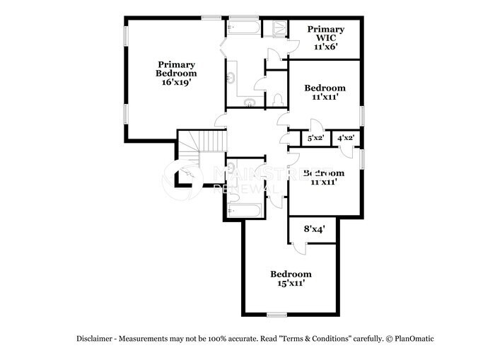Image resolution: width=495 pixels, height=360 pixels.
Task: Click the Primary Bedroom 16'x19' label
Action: coord(177,73)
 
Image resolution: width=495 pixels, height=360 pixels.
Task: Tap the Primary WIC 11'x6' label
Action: coord(325,38)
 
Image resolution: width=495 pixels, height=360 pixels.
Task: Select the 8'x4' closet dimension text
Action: coord(313,229)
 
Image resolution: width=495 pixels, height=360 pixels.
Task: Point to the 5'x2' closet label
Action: coord(315,138)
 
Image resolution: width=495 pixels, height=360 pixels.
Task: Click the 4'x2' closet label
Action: coord(346,138)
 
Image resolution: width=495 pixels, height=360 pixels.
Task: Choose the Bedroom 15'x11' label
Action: coord(291,279)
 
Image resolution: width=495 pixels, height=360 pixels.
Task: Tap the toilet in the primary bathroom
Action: coord(279,99)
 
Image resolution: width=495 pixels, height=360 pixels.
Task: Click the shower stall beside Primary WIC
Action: coord(275,28)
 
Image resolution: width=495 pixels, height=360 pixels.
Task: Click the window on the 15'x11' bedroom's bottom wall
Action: coord(276,315)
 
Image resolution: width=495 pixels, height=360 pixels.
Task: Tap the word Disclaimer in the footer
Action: coord(95,339)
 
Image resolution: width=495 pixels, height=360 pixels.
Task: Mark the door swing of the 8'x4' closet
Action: coord(299,248)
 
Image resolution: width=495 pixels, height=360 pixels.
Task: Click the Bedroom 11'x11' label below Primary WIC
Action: coord(325,93)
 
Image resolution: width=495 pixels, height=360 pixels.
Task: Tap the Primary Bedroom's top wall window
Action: coord(211,17)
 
